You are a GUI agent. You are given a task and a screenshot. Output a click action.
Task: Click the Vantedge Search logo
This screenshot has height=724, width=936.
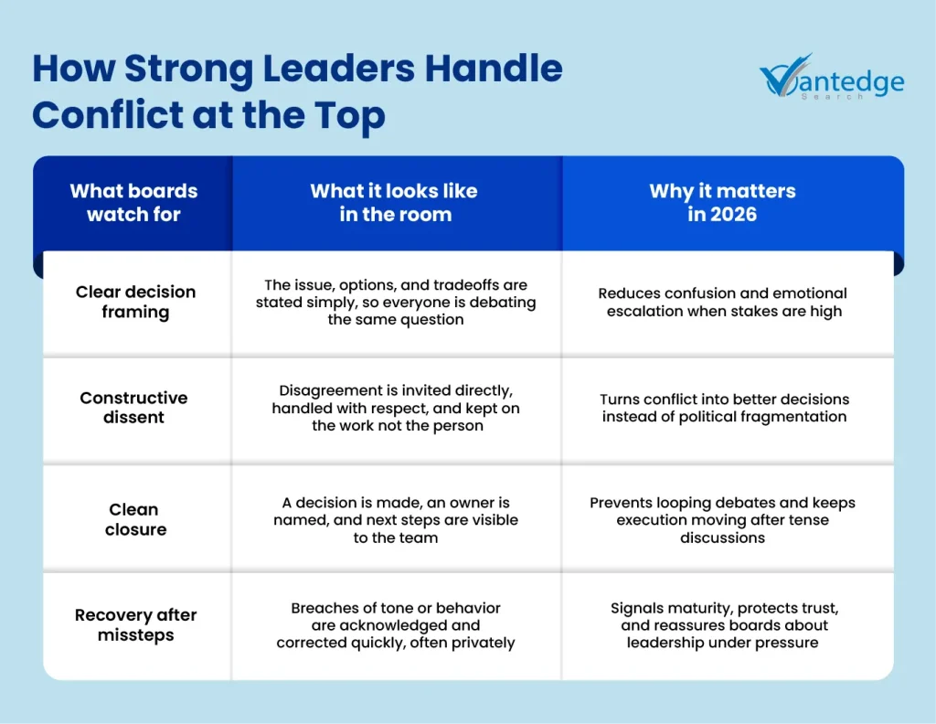point(832,77)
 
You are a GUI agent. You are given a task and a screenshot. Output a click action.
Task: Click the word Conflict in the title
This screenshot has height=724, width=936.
point(107,114)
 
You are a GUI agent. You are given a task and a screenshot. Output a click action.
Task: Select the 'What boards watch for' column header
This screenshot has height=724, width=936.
point(133,202)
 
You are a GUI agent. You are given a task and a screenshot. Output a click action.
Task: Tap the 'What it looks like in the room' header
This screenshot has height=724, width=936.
point(395,202)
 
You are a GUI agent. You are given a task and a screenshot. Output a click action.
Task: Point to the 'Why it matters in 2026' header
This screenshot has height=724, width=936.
point(722,202)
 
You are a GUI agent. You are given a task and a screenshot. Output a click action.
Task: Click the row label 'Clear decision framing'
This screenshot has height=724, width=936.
point(135,302)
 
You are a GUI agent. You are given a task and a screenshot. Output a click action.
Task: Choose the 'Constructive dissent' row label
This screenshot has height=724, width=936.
point(133,407)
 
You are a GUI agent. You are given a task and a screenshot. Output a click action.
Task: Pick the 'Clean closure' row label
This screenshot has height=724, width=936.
point(135,519)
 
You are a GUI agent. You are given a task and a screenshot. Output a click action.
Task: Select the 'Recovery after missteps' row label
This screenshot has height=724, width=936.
point(135,625)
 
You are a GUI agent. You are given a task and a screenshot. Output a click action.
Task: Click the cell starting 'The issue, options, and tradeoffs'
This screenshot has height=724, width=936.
point(396,302)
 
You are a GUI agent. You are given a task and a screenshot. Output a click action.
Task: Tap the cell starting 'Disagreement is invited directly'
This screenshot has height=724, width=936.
point(396,408)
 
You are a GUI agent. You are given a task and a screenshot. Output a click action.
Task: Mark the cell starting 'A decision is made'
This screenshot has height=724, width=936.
point(396,520)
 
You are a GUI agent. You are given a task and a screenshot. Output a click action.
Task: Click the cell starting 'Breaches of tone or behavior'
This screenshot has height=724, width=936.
point(395,625)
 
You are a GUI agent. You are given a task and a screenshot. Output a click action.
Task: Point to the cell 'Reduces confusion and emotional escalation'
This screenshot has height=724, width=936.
point(723,302)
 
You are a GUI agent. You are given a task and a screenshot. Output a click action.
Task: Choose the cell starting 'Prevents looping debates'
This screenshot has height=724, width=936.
point(722,520)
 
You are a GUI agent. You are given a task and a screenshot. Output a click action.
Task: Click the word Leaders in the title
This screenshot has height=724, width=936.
point(338,68)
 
